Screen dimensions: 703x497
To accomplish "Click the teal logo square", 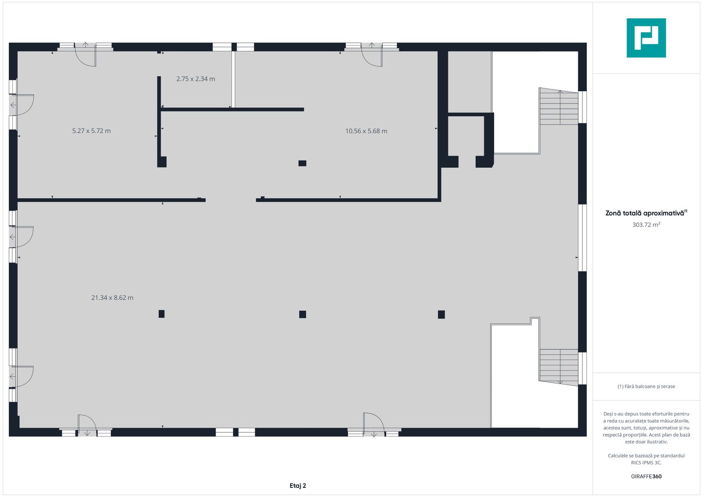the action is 646,38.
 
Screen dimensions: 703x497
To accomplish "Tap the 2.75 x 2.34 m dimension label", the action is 196,79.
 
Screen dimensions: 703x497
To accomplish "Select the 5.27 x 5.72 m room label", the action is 91,131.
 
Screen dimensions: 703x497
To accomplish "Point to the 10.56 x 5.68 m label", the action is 366,131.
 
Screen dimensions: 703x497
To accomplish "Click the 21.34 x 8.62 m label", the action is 112,298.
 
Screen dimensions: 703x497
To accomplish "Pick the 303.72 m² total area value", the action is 646,225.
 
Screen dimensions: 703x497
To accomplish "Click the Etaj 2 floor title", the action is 297,485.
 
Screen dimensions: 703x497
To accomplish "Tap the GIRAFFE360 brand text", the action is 646,476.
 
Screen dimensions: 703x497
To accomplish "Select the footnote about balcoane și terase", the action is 646,387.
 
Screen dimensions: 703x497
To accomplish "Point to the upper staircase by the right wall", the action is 558,106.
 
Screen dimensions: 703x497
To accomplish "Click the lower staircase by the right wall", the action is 558,367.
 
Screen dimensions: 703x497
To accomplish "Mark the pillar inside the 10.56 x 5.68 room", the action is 302,163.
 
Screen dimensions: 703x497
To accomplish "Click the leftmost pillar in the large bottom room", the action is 161,314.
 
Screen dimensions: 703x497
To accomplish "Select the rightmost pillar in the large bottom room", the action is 441,314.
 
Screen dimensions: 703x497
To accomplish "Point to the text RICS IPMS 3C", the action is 646,463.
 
